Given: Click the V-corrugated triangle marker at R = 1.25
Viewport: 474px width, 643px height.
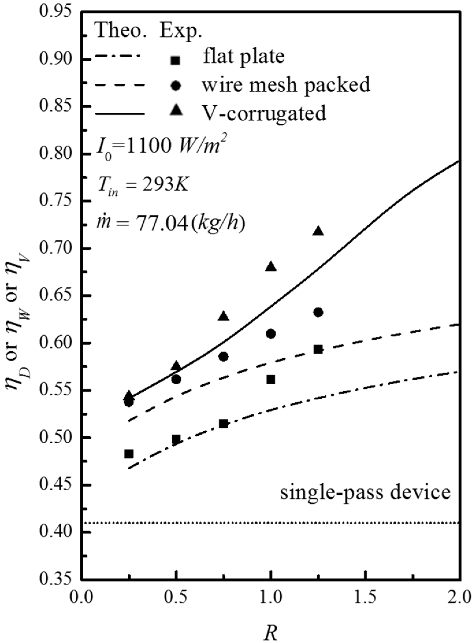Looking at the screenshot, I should click(318, 231).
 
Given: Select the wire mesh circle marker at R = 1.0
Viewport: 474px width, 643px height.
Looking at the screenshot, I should click(271, 334).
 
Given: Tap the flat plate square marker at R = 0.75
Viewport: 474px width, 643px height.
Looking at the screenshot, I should click(224, 424).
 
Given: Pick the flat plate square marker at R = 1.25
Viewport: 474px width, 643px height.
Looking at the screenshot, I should click(318, 349).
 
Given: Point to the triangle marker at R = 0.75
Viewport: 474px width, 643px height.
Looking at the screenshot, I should click(224, 316).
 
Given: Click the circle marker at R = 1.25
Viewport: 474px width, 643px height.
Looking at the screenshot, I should click(318, 312).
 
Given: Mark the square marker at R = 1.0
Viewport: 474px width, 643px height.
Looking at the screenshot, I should click(271, 380).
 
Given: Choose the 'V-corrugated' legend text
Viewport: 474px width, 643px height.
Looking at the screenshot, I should click(264, 113).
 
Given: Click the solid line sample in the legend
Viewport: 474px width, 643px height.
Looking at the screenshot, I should click(119, 114).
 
